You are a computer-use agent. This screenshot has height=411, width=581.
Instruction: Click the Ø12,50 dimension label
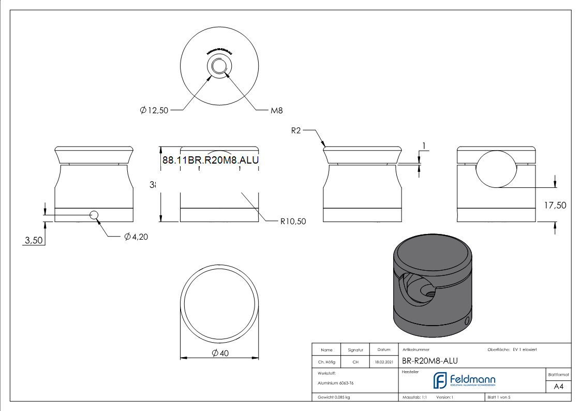[154, 110]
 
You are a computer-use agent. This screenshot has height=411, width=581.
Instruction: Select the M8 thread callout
[276, 110]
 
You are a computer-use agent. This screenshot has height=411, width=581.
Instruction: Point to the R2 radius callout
[295, 131]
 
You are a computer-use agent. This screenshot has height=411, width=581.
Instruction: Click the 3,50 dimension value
[34, 240]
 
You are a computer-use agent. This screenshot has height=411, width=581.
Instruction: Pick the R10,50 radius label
[293, 221]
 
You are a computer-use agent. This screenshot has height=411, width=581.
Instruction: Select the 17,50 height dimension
[555, 205]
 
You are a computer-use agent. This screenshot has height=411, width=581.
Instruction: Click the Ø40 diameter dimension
[220, 353]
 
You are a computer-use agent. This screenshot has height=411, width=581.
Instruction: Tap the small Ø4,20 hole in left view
[94, 215]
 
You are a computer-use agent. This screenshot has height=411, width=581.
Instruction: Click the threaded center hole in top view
[220, 66]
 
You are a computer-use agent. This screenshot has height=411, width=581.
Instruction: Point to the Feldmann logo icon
[440, 380]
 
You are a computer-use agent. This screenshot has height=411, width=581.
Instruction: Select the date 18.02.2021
[383, 362]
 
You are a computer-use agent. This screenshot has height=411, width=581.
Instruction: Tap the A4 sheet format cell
[558, 386]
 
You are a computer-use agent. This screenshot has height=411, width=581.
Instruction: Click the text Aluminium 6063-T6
[336, 383]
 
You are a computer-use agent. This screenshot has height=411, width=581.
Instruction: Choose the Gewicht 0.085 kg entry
[334, 397]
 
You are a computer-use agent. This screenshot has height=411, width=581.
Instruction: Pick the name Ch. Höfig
[326, 362]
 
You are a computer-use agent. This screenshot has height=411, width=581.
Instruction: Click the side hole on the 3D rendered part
[467, 321]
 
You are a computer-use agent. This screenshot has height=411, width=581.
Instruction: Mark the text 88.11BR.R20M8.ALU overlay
[210, 160]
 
